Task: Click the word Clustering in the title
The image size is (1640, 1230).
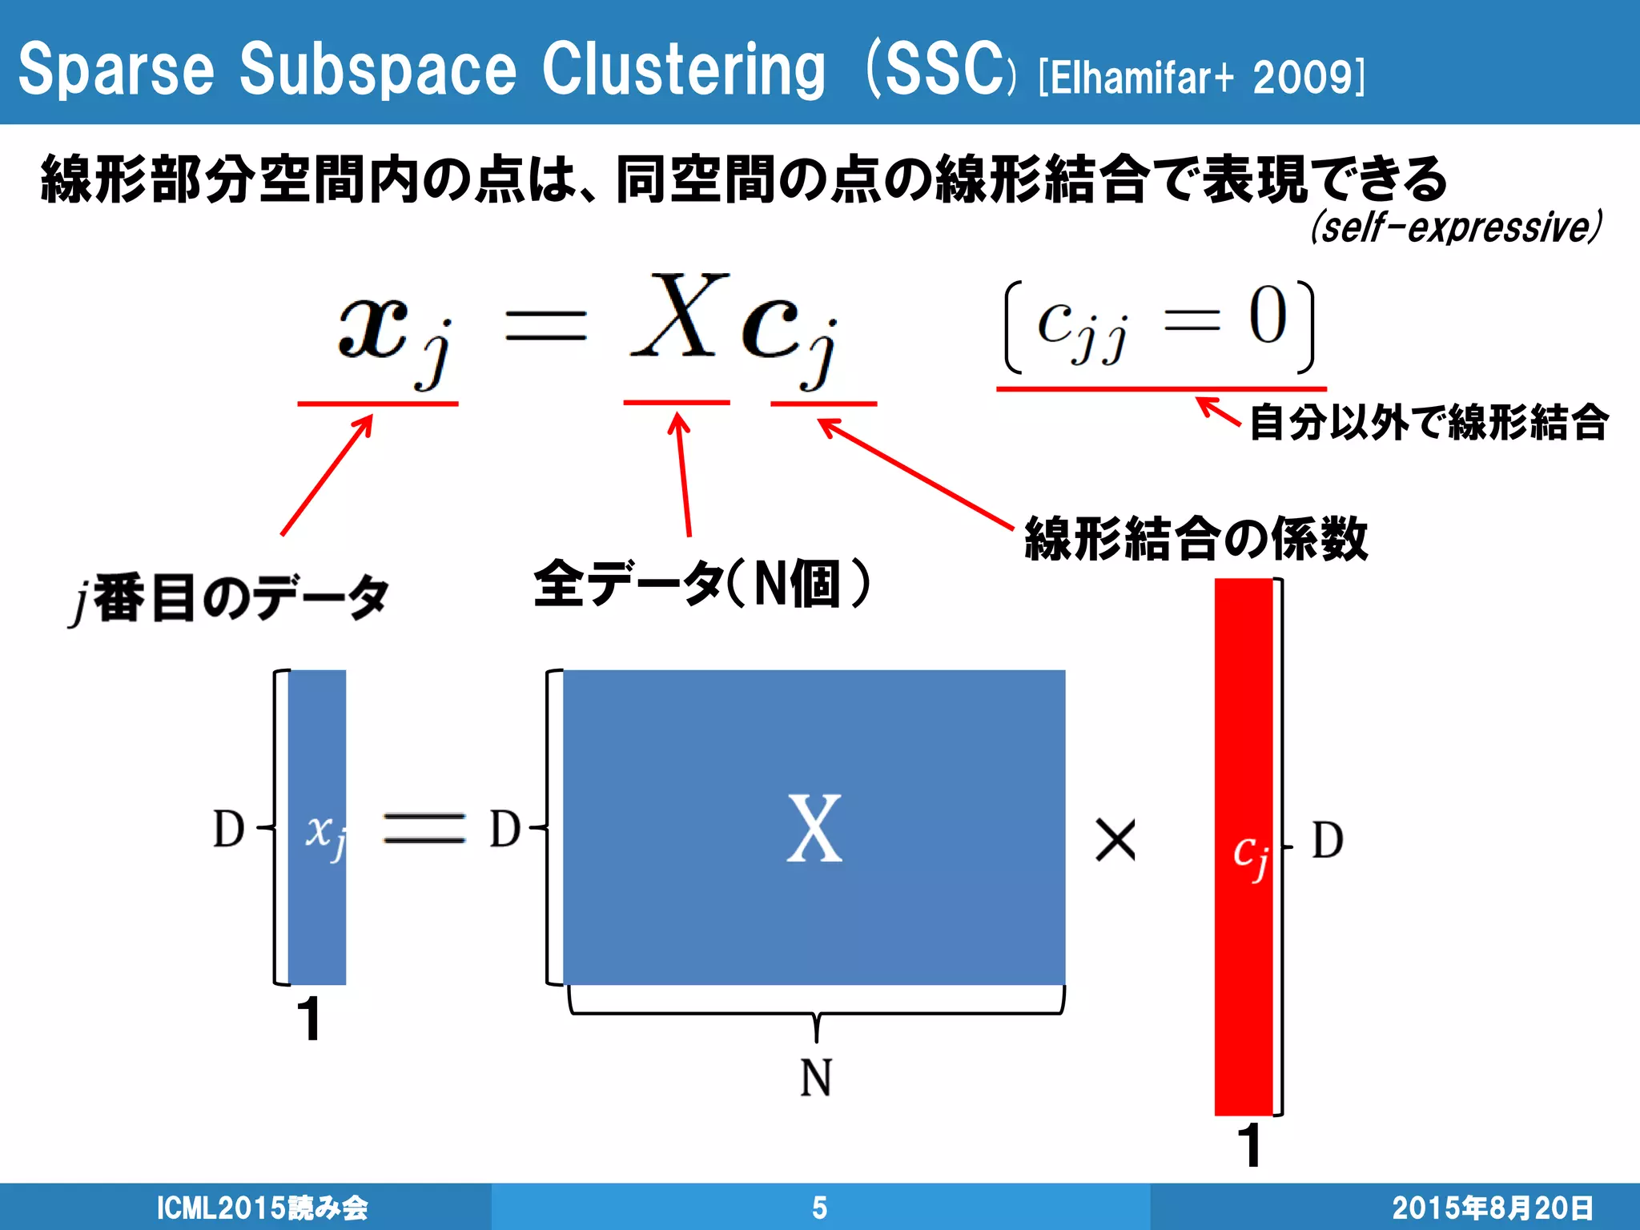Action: click(683, 70)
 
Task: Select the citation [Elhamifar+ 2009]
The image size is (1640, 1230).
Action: click(1201, 78)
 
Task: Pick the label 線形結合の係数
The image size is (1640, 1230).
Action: click(1196, 538)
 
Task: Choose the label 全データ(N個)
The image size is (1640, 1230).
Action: click(701, 584)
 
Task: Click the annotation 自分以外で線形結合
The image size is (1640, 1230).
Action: click(1429, 422)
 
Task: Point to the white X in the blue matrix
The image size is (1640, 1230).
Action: click(814, 829)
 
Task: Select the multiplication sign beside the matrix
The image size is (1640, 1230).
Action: click(1115, 841)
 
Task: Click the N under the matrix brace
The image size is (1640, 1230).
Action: click(816, 1077)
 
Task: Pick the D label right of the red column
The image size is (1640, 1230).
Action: click(1327, 841)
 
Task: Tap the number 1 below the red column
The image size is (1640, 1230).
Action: click(1249, 1144)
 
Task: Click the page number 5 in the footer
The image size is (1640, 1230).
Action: click(819, 1207)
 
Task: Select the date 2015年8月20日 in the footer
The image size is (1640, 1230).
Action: click(1493, 1208)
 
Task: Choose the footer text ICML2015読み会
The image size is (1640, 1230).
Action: click(262, 1208)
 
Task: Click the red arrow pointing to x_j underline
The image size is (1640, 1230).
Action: click(327, 474)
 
